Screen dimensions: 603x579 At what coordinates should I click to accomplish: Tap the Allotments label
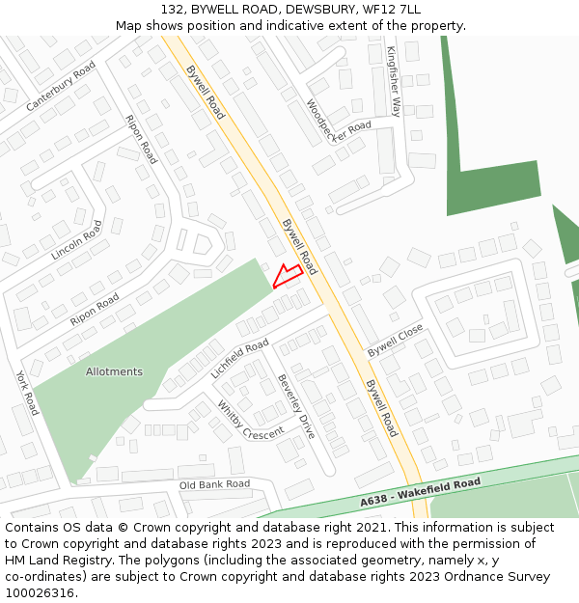(114, 371)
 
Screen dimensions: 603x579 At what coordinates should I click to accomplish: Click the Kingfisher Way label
(393, 81)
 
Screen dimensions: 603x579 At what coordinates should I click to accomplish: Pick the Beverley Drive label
(296, 406)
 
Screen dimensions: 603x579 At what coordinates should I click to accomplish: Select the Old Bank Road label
(214, 483)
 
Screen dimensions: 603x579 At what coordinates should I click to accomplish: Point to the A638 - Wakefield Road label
(420, 492)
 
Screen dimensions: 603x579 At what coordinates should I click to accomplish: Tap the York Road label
(26, 391)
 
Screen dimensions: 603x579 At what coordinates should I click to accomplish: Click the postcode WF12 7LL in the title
(390, 9)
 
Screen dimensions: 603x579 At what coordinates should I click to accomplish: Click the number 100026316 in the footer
(41, 592)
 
